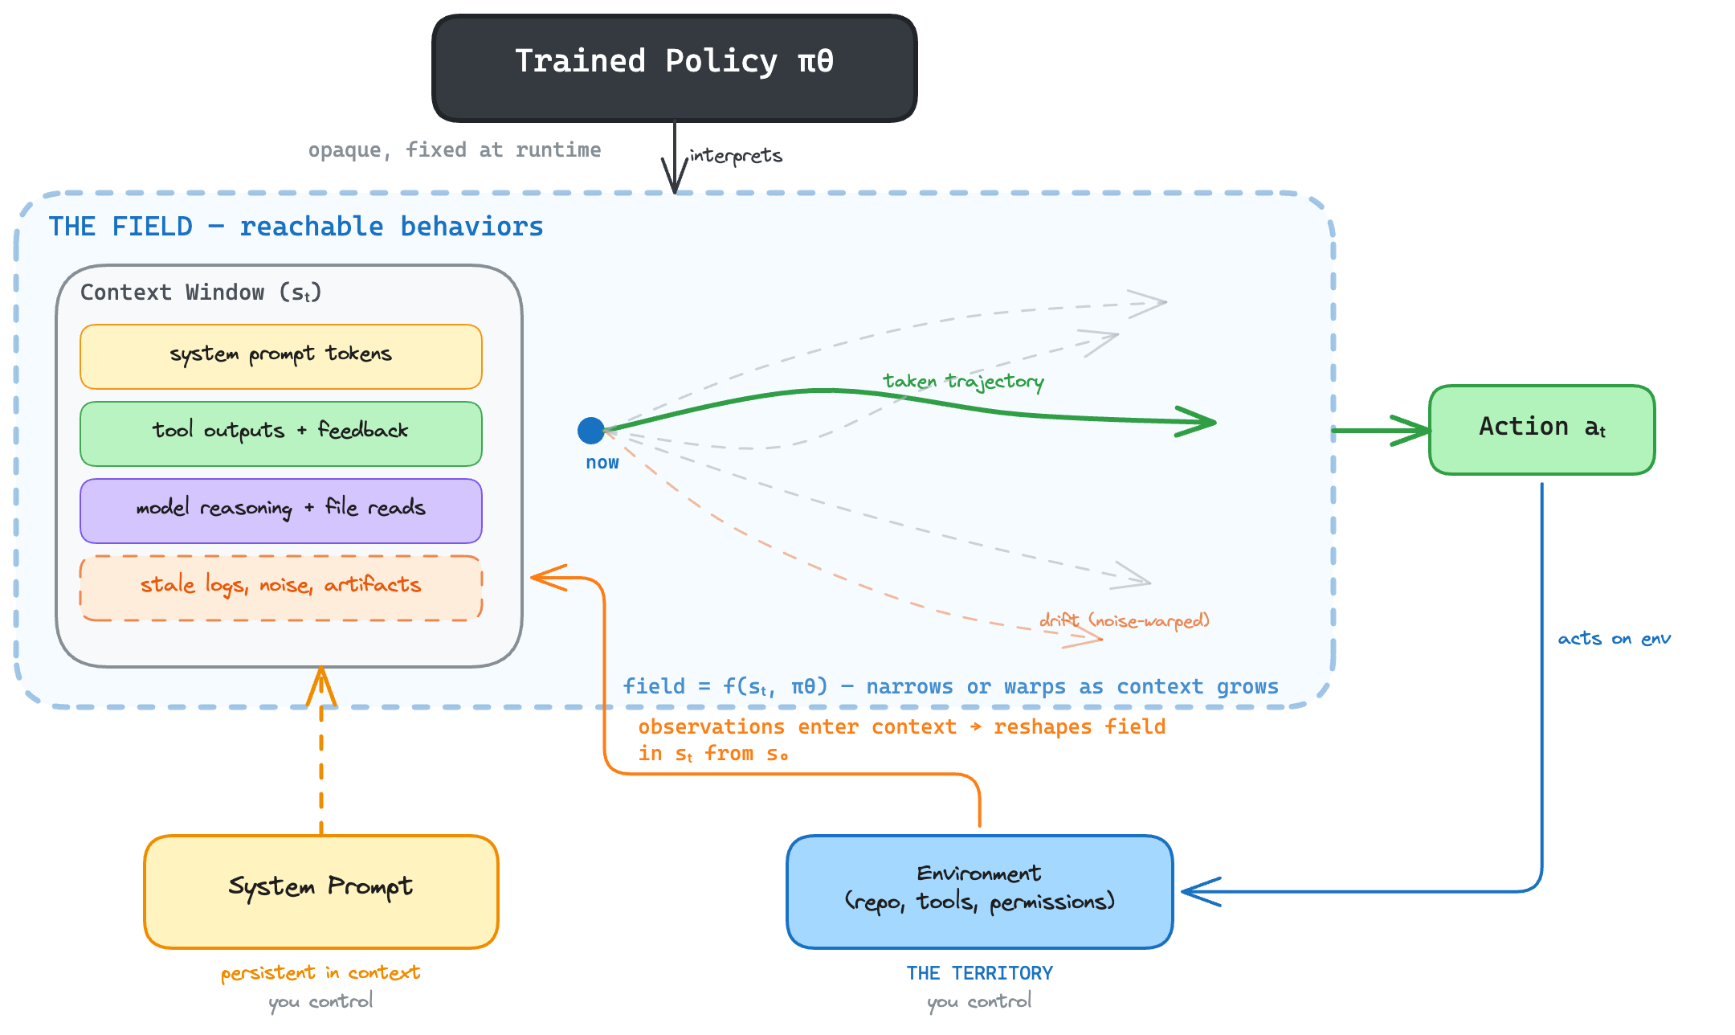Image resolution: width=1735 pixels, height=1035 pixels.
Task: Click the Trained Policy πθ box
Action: [674, 68]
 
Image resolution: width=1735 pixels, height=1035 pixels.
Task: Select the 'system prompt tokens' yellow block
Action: [280, 357]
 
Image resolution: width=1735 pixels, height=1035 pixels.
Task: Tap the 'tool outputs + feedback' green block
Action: [280, 434]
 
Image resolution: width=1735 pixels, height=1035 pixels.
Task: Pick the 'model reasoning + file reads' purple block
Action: [280, 511]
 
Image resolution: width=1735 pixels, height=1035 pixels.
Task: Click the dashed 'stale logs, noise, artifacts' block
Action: [280, 587]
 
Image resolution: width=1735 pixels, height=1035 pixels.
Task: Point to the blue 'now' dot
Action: [591, 431]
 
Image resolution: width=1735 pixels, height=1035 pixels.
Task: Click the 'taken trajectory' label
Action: [963, 381]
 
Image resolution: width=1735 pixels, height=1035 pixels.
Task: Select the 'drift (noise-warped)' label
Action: [1124, 620]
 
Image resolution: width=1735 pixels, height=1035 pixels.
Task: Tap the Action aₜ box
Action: [1541, 429]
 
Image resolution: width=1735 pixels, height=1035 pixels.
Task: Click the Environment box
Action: [979, 891]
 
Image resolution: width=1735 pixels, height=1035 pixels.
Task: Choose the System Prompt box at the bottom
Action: [320, 891]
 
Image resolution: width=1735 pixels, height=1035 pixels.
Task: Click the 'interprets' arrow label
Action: [736, 155]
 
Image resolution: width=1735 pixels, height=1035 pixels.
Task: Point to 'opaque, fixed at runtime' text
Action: [455, 150]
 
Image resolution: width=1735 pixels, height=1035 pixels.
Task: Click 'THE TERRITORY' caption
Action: [979, 973]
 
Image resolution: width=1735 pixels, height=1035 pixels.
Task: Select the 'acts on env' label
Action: [1614, 639]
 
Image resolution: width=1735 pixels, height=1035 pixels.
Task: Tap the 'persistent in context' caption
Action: [320, 973]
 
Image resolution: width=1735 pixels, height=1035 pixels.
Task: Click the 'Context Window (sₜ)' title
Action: [201, 292]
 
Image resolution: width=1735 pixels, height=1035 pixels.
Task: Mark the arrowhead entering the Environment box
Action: [1197, 892]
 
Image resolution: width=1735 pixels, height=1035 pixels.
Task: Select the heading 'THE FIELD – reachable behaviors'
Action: [296, 227]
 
